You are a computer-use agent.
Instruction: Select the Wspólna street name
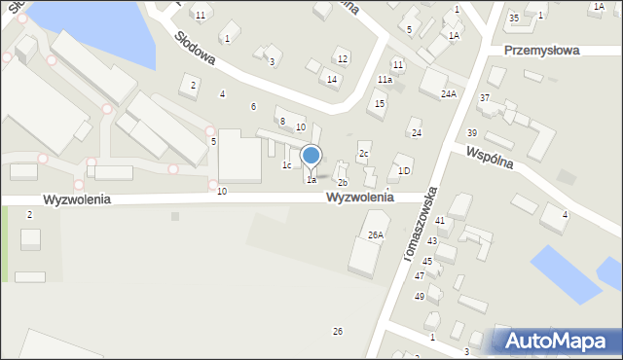501,160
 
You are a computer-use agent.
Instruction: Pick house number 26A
376,234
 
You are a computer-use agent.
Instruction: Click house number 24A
448,94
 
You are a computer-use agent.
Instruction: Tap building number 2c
363,153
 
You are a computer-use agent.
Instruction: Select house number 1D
404,171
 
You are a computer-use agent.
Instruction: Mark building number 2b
342,183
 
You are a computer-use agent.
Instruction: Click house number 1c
286,165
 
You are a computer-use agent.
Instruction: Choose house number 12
342,59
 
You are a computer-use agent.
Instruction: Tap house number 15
380,103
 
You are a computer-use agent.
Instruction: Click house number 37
485,98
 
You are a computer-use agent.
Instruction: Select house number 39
472,132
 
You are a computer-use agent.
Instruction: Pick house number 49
420,296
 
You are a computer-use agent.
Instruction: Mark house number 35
513,18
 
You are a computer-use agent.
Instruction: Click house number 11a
385,80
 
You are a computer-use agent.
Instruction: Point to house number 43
432,240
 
